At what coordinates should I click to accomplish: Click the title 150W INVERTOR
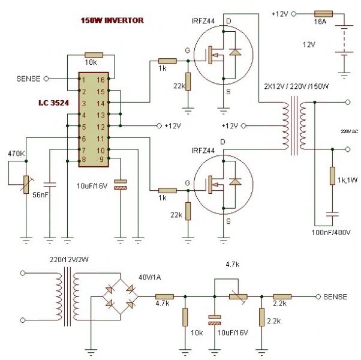(113, 20)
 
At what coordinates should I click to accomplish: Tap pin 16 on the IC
(101, 79)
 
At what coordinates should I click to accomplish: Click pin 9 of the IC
(101, 159)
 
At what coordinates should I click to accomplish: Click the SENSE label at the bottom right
(335, 296)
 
